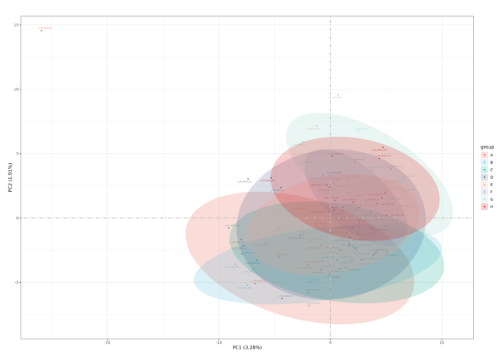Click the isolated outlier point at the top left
click(x=41, y=30)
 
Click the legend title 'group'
click(x=487, y=147)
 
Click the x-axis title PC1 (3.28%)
click(x=247, y=347)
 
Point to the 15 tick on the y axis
click(x=16, y=25)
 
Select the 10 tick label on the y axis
click(x=16, y=89)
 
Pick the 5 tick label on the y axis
click(x=18, y=154)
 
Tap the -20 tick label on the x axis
click(x=107, y=342)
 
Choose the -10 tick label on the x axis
click(x=219, y=342)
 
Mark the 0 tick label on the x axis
click(x=330, y=342)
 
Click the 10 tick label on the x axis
click(x=442, y=342)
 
